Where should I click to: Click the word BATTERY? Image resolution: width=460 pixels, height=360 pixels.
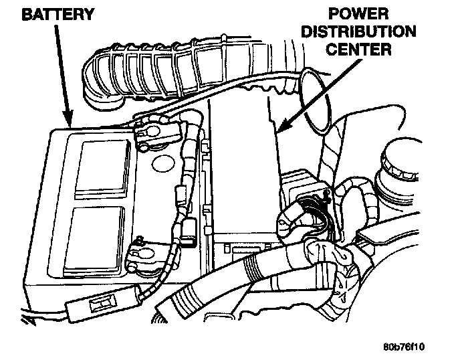click(49, 15)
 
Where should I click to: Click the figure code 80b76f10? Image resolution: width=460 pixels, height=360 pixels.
click(405, 347)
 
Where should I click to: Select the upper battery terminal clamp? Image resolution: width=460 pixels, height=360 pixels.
click(152, 133)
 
